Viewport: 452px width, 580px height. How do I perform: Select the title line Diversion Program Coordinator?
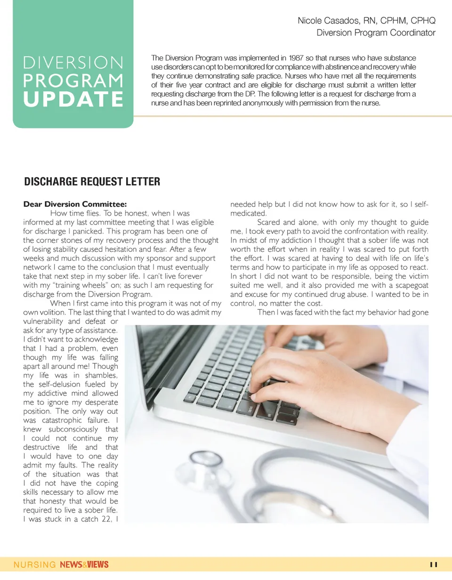(376, 33)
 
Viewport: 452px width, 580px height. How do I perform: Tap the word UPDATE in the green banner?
(73, 99)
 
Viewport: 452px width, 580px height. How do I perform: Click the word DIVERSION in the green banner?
(73, 63)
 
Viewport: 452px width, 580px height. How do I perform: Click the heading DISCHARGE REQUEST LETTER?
(92, 182)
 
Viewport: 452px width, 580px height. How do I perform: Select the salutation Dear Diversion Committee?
(75, 204)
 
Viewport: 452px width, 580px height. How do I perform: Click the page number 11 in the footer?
(434, 564)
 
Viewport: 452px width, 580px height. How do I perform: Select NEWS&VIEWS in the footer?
(84, 564)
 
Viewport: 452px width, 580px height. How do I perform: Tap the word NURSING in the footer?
(34, 564)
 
